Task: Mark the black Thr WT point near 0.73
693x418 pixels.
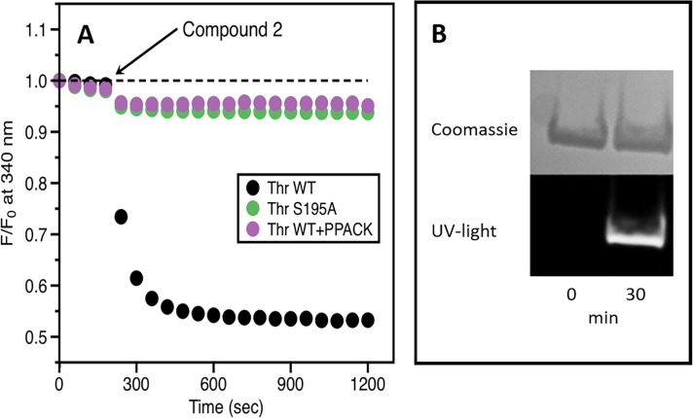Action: click(121, 217)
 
